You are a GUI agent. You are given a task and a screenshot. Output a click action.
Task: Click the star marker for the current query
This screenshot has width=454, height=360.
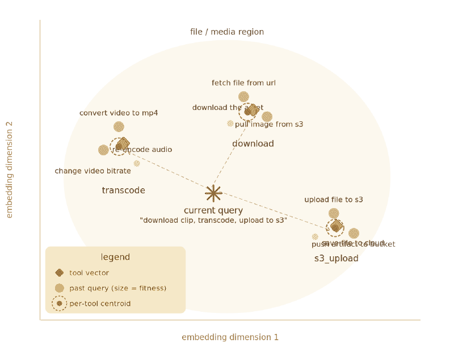pyautogui.click(x=213, y=193)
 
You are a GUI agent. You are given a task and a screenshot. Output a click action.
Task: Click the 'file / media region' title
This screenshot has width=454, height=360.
pyautogui.click(x=227, y=32)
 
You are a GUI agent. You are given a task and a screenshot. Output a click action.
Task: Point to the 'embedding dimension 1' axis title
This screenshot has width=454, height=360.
pyautogui.click(x=230, y=337)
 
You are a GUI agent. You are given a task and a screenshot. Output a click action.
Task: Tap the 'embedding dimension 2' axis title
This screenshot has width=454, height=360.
pyautogui.click(x=10, y=169)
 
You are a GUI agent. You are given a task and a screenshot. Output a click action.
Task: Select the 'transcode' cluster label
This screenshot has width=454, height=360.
pyautogui.click(x=123, y=190)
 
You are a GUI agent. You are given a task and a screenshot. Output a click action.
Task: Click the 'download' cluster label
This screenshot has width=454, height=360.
pyautogui.click(x=253, y=144)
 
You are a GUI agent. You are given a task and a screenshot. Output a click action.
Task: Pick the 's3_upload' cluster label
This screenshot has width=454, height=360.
pyautogui.click(x=337, y=259)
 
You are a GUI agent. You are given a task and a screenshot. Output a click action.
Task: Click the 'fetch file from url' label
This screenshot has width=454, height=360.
pyautogui.click(x=243, y=83)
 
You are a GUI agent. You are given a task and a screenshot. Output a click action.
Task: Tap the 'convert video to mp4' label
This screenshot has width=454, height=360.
pyautogui.click(x=119, y=113)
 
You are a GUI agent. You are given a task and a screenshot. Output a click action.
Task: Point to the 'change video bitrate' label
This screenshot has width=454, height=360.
pyautogui.click(x=93, y=171)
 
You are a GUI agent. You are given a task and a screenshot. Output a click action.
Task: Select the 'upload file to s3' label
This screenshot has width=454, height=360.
pyautogui.click(x=334, y=200)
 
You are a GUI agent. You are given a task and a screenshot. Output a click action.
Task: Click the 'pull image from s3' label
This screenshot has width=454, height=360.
pyautogui.click(x=269, y=124)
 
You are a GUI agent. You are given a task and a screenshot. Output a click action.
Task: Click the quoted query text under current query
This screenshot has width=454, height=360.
pyautogui.click(x=213, y=220)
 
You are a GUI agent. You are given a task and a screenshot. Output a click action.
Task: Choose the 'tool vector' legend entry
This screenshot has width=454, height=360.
pyautogui.click(x=89, y=273)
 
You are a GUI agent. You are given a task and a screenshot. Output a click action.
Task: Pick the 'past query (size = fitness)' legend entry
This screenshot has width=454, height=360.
pyautogui.click(x=117, y=288)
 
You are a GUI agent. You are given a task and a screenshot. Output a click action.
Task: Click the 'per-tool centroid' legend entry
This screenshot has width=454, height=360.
pyautogui.click(x=100, y=303)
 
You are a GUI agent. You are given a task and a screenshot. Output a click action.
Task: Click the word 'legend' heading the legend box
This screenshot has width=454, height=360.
pyautogui.click(x=115, y=257)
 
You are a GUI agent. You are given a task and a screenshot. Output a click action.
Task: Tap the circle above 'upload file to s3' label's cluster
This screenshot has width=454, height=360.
pyautogui.click(x=334, y=214)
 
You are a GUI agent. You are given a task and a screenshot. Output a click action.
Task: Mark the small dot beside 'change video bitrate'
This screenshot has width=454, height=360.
pyautogui.click(x=137, y=163)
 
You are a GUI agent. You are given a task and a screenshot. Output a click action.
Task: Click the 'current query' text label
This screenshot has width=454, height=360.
pyautogui.click(x=213, y=210)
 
